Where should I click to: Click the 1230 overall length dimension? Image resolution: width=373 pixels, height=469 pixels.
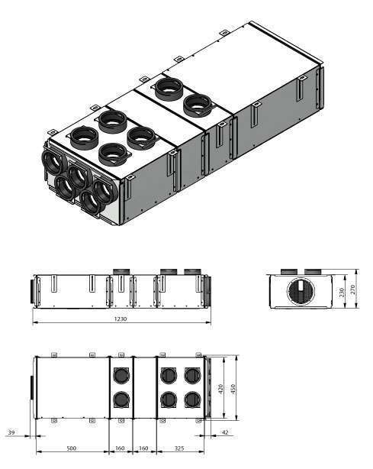point(121,319)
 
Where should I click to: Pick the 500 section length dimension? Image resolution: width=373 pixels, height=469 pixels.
point(71,448)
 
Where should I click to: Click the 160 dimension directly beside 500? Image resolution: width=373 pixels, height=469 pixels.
point(121,448)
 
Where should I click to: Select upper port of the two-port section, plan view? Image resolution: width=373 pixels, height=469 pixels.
point(121,376)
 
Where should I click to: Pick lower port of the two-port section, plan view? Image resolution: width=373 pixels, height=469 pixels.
point(121,399)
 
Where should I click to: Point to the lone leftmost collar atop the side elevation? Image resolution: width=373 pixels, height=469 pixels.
point(121,271)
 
